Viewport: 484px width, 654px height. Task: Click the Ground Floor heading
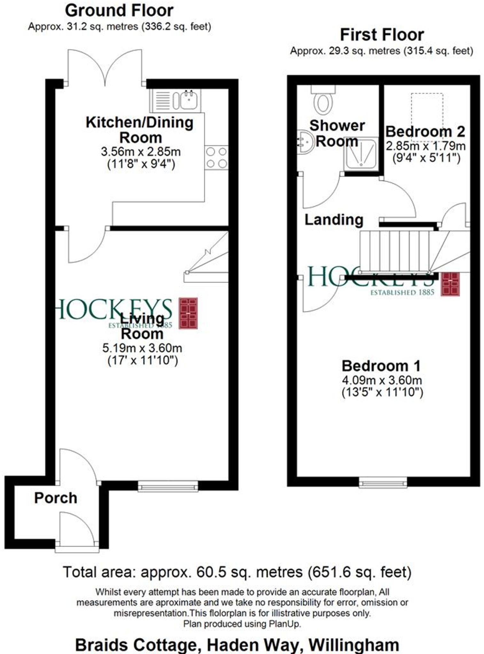pos(119,11)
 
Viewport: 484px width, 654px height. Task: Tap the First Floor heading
pos(382,35)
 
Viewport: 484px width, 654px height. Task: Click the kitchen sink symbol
pos(189,100)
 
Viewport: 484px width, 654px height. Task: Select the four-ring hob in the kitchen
pos(216,158)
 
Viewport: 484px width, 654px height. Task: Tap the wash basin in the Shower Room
pos(304,141)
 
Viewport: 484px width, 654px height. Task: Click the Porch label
pos(56,498)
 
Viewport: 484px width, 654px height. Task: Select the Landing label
pos(334,220)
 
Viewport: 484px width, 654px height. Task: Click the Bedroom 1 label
pos(381,366)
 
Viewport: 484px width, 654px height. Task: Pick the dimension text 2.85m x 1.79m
pos(425,146)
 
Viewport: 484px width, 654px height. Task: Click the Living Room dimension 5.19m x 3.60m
pos(142,348)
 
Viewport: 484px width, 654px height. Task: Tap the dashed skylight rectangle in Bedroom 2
pos(427,117)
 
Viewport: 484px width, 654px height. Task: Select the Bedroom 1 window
pos(383,483)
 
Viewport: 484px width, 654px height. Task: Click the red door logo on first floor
pos(450,284)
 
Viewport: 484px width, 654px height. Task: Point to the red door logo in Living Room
pos(188,313)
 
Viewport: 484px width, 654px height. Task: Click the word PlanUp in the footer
pos(285,624)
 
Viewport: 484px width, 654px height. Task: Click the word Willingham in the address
pos(354,645)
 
